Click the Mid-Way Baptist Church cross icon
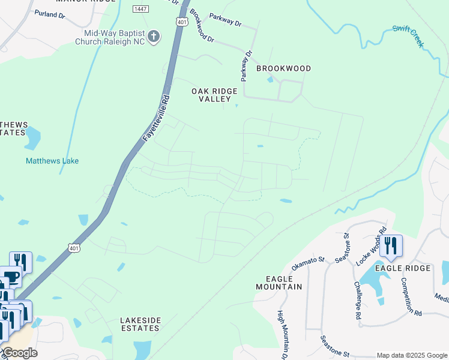point(154,37)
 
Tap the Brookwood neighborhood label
point(283,68)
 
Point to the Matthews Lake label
point(52,161)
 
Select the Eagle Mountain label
point(283,283)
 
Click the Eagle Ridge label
point(403,268)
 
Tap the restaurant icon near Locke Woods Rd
point(391,245)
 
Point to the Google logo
point(20,353)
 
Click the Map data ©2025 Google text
point(411,355)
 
